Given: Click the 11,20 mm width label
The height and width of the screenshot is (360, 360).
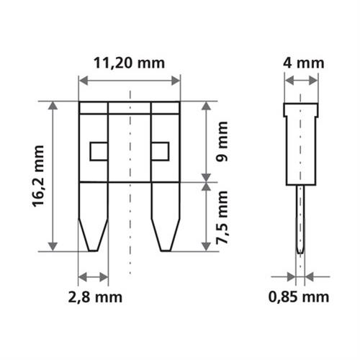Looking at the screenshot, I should click(129, 63).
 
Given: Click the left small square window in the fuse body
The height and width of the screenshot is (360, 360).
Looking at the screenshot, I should click(98, 151).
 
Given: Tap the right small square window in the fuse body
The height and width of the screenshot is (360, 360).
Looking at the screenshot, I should click(160, 151).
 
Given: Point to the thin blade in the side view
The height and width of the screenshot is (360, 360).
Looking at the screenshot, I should click(300, 216).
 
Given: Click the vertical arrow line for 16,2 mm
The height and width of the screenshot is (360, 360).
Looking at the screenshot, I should click(53, 176).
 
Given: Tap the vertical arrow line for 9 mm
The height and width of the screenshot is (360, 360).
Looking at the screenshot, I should click(207, 142).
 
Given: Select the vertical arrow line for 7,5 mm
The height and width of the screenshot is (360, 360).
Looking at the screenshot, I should click(207, 216).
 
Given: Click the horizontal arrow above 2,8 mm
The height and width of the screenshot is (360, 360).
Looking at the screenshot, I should click(93, 276).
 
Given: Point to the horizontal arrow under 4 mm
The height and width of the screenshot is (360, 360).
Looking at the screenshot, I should click(301, 80).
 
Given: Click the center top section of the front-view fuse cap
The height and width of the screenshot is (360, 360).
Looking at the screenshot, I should click(129, 109).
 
